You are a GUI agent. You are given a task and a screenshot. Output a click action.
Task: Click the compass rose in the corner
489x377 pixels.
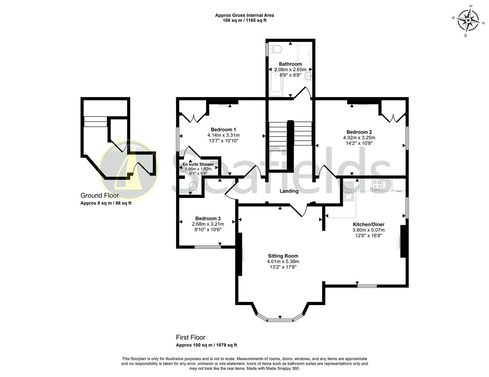click(468, 20)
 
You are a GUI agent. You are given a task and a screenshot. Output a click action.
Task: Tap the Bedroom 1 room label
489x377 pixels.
click(223, 130)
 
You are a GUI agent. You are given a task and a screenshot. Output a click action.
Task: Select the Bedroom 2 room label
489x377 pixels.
click(359, 132)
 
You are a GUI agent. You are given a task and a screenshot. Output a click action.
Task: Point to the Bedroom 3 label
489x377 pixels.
click(208, 219)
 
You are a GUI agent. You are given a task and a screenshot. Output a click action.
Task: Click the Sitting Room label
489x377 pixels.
click(283, 256)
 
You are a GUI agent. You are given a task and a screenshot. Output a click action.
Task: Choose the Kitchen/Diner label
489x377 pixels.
click(368, 224)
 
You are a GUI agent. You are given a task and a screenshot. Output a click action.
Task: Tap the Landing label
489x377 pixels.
click(289, 191)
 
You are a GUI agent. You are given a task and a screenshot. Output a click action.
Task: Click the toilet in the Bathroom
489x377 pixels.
click(276, 49)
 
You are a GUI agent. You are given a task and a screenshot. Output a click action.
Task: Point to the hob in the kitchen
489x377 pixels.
click(377, 185)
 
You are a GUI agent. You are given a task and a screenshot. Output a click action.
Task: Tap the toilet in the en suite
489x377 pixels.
click(192, 187)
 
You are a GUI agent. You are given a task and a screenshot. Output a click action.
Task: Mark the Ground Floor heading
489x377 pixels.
click(100, 195)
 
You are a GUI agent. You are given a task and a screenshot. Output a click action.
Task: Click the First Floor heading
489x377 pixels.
click(190, 338)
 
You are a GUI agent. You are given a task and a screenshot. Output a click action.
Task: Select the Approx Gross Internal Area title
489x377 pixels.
click(244, 15)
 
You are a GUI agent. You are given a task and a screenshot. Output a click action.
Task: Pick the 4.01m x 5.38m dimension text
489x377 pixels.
click(283, 261)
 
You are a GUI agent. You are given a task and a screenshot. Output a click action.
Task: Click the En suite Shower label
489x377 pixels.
click(198, 164)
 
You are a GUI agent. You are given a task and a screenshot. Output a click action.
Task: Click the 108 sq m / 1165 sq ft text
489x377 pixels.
click(244, 20)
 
